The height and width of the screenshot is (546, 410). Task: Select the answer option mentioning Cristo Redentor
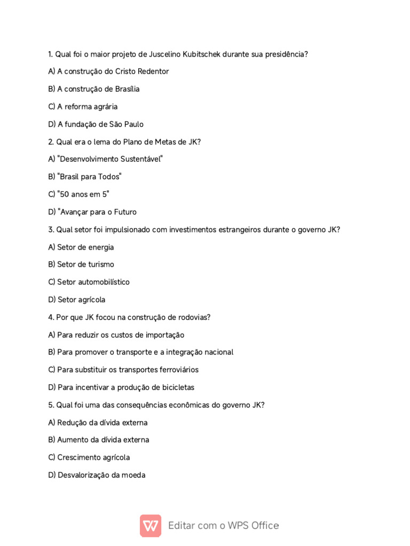pos(108,71)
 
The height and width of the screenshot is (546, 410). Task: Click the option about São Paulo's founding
pos(96,124)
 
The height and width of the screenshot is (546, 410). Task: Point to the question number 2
pos(51,142)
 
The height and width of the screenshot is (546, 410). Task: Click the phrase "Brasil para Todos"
pos(85,177)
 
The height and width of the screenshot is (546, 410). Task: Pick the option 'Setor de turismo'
pos(81,264)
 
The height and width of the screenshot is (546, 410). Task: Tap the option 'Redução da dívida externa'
pos(98,423)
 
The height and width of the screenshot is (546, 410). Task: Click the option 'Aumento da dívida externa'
pos(99,440)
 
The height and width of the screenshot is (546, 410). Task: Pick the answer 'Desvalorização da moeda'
pos(97,475)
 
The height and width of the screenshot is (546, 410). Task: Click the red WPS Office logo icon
pos(151,526)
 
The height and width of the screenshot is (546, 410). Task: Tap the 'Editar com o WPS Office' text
pos(223,526)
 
